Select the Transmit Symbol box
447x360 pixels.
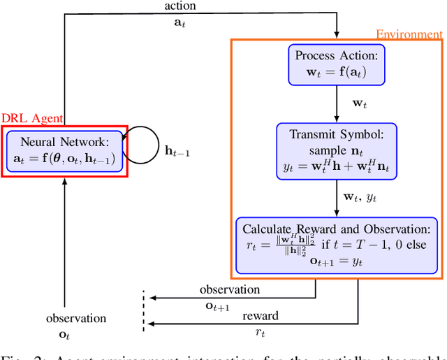pyautogui.click(x=337, y=150)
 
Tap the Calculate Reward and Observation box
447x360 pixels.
pyautogui.click(x=337, y=244)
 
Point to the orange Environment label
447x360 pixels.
pyautogui.click(x=409, y=34)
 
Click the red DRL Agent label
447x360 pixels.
pyautogui.click(x=32, y=119)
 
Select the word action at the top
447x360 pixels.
pyautogui.click(x=179, y=6)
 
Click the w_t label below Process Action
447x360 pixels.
pyautogui.click(x=359, y=103)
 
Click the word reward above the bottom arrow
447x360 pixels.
pyautogui.click(x=260, y=316)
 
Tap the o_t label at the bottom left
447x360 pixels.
pyautogui.click(x=65, y=335)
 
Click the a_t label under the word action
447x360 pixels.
pyautogui.click(x=179, y=22)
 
